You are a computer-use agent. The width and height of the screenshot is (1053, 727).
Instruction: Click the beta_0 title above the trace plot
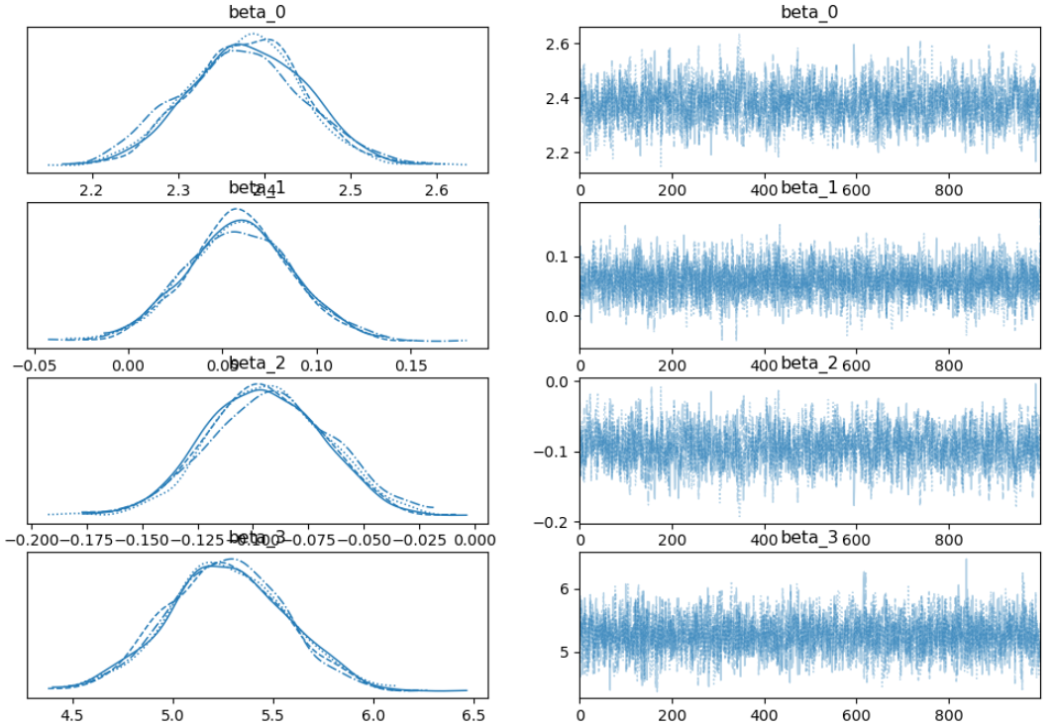tap(809, 14)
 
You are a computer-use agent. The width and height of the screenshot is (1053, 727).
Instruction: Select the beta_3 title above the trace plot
tap(809, 538)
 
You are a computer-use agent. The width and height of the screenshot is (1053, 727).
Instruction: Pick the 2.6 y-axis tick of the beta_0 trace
tap(557, 45)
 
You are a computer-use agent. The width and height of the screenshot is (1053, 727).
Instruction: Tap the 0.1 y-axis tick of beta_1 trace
tap(557, 257)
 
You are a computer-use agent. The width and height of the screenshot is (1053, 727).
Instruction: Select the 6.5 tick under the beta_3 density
tap(473, 713)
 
